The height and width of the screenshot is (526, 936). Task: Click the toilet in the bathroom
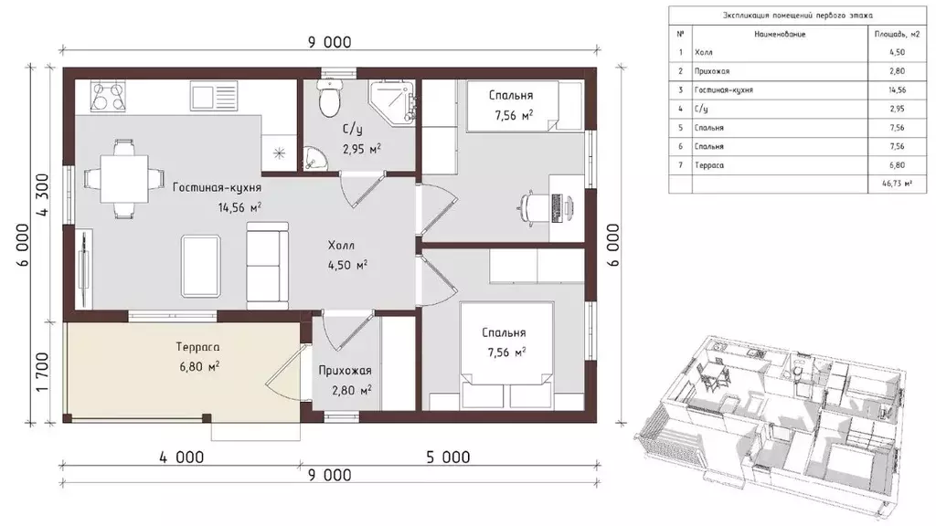329,98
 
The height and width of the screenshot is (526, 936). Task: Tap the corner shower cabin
392,102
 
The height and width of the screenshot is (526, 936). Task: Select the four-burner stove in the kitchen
108,96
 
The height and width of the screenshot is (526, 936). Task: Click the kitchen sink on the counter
214,96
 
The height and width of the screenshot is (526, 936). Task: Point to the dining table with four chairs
124,179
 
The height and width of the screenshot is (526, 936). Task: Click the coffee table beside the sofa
201,266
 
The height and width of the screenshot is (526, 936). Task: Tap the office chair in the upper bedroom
531,207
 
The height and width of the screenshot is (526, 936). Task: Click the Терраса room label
197,346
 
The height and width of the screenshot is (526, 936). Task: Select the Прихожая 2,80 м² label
345,381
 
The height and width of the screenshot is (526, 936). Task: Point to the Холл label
341,245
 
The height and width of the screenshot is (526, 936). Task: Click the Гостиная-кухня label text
217,187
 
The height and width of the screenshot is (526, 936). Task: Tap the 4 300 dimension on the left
43,194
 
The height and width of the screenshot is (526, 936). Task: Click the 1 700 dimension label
43,373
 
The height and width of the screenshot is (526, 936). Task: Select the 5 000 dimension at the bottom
448,458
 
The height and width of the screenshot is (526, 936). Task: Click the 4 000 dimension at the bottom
182,458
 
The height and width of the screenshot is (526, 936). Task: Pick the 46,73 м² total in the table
897,184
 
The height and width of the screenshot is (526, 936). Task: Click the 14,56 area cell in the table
897,90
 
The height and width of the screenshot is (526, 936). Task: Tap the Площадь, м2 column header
897,34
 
